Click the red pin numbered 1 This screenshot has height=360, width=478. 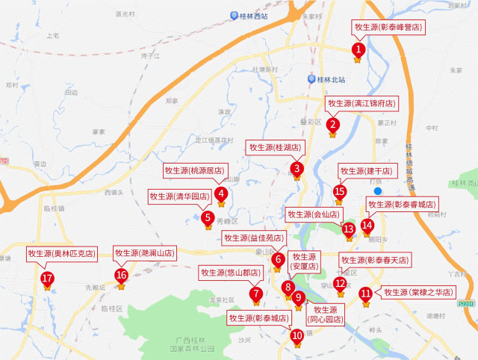(x=358, y=50)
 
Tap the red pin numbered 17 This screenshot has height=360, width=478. (x=47, y=279)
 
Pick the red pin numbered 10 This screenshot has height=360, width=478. (x=297, y=335)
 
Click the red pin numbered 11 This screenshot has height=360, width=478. (x=365, y=294)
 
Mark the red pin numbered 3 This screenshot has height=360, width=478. (x=297, y=169)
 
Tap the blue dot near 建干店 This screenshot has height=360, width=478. (x=378, y=191)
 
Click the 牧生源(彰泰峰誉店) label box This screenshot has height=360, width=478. (x=387, y=28)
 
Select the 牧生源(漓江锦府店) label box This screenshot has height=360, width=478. (x=361, y=103)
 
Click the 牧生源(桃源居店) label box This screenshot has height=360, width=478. (x=193, y=171)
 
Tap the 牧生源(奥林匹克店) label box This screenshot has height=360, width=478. (x=61, y=253)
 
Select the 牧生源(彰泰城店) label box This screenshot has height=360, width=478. (x=258, y=318)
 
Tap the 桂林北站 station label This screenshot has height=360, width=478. (x=331, y=79)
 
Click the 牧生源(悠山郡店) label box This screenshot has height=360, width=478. (x=227, y=273)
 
